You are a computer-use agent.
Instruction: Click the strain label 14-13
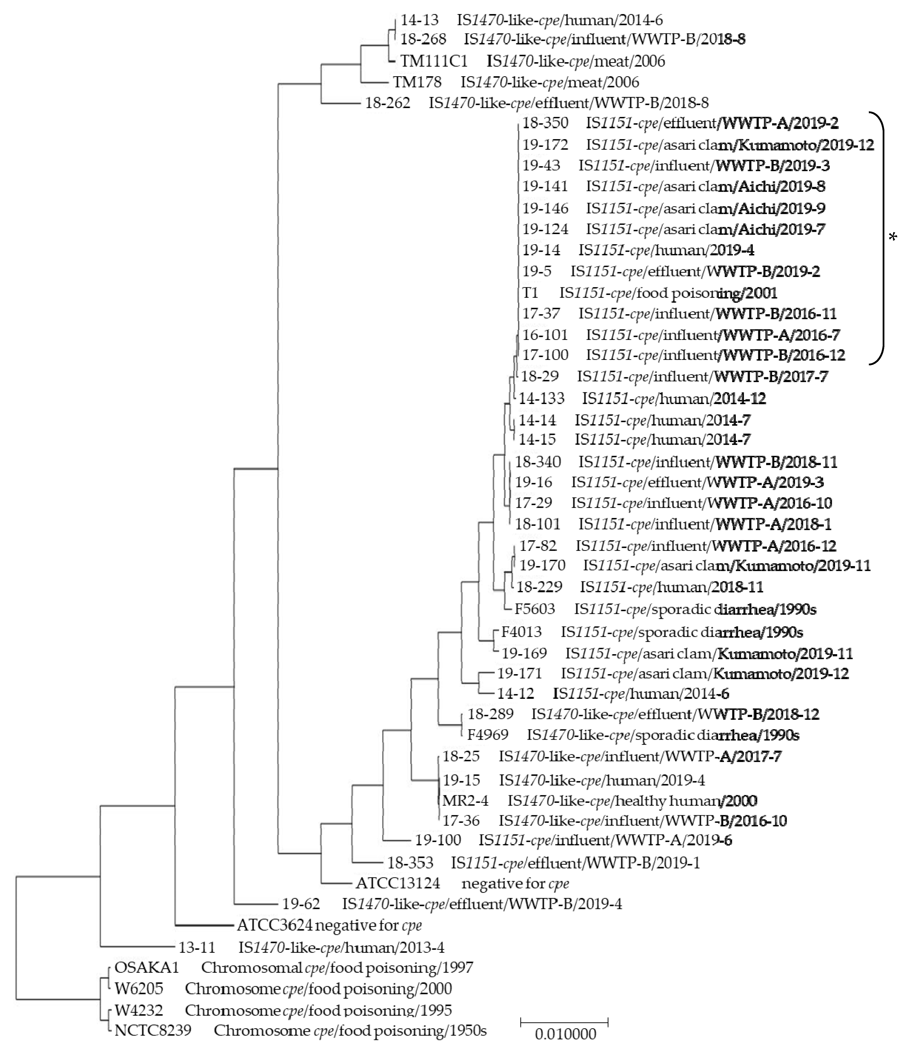pyautogui.click(x=419, y=20)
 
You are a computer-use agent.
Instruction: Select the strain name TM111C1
pyautogui.click(x=434, y=61)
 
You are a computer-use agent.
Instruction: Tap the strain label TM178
pyautogui.click(x=417, y=82)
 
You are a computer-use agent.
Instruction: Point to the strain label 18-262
pyautogui.click(x=387, y=103)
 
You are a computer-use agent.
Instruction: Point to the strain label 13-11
pyautogui.click(x=197, y=947)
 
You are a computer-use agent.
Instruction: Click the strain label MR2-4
pyautogui.click(x=465, y=801)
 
